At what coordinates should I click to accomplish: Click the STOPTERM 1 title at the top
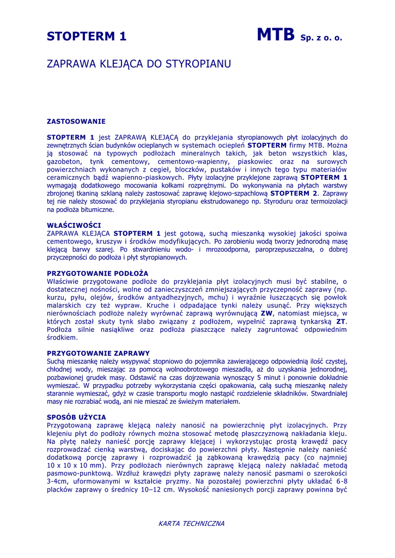tap(87, 37)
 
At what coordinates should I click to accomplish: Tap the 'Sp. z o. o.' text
tap(321, 38)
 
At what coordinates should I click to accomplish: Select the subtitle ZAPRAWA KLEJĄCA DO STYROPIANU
tap(139, 64)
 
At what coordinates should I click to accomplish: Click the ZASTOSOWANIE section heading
tap(76, 121)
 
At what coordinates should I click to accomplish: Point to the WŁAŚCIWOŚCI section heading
tap(74, 225)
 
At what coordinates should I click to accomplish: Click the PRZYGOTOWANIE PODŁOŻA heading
tap(98, 273)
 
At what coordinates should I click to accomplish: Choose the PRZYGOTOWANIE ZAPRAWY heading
tap(98, 353)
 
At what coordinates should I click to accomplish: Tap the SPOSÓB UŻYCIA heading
tap(76, 417)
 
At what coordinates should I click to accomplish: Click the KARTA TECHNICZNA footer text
tap(191, 524)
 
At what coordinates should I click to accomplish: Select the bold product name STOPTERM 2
tap(294, 193)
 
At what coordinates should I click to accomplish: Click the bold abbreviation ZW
tap(266, 313)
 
